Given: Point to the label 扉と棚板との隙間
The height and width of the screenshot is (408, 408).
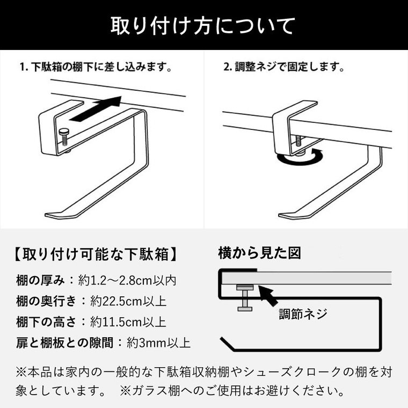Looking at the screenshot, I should pos(64,343).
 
